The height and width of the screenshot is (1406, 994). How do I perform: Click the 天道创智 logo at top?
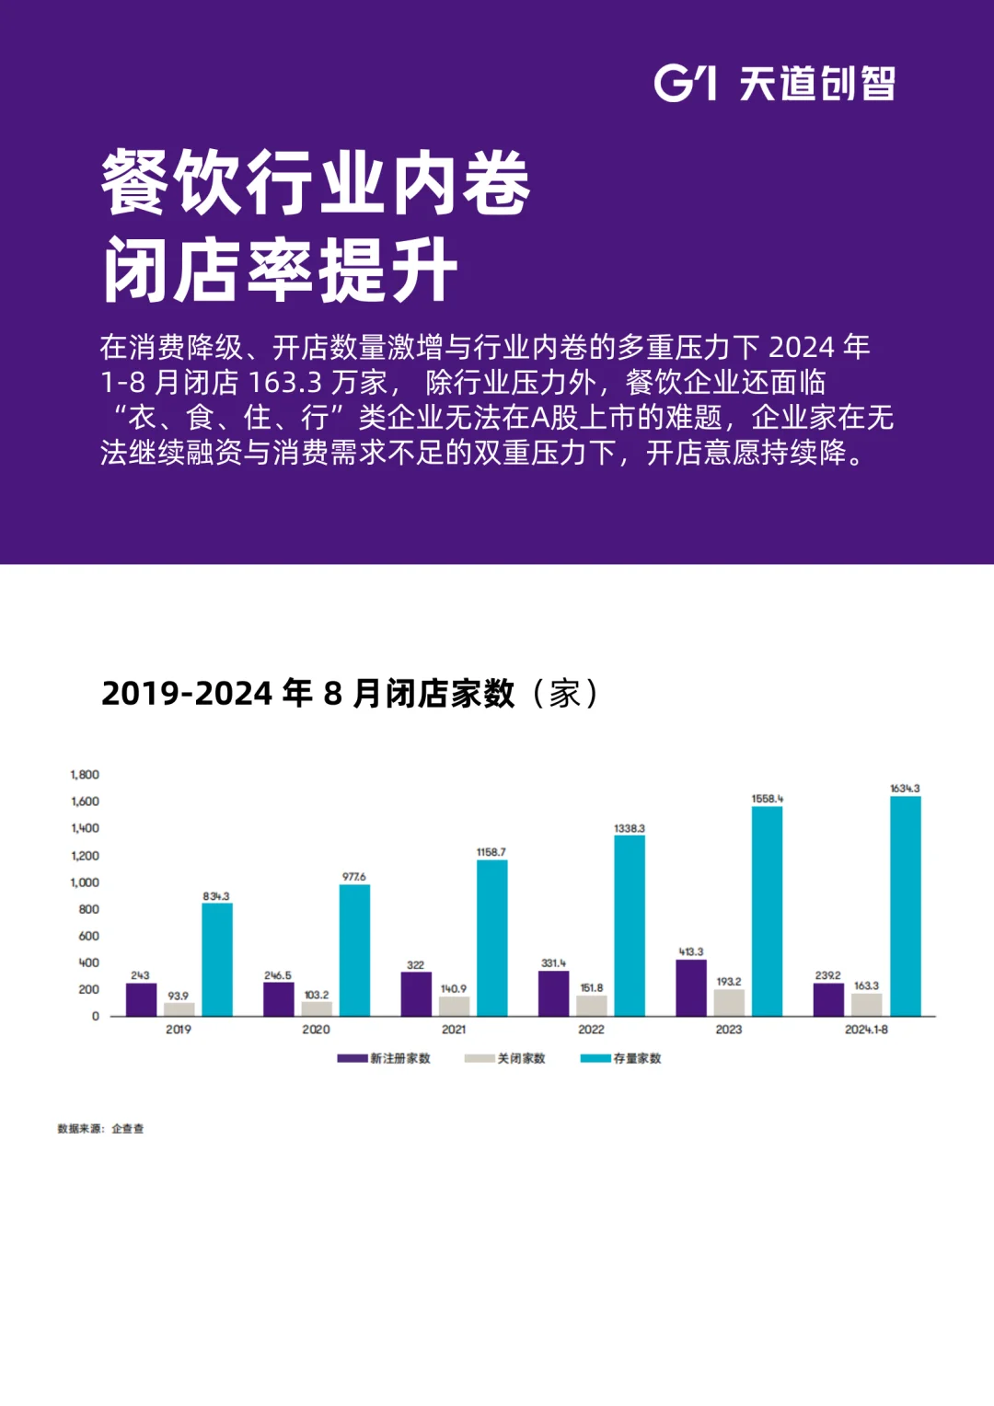coord(774,84)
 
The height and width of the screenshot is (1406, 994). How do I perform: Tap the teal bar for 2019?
coord(217,959)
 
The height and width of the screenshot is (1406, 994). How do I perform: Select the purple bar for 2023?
coord(691,987)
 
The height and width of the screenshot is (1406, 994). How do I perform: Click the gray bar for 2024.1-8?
coord(866,1004)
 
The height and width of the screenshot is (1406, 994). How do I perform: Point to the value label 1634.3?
coord(905,789)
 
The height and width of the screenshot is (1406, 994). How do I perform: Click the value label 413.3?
coord(691,951)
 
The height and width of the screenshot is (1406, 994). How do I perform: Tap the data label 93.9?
coord(178,996)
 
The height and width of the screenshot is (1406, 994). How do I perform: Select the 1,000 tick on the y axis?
coord(85,882)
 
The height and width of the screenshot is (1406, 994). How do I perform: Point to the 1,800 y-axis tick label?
coord(85,775)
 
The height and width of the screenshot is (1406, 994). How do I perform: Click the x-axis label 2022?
coord(591,1030)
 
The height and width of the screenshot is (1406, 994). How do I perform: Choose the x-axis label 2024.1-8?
coord(866,1030)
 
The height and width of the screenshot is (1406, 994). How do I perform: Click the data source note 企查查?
coord(127,1128)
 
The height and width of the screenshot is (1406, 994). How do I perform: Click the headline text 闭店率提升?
coord(280,270)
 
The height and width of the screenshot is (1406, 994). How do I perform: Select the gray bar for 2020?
coord(317,1008)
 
